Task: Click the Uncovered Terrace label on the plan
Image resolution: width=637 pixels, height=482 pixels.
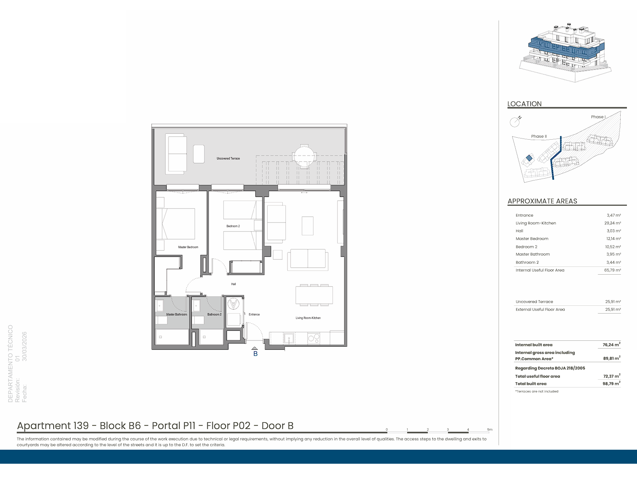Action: coord(228,158)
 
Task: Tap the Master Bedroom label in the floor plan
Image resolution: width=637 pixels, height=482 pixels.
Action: coord(188,247)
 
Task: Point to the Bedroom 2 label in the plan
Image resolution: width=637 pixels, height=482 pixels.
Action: coord(233,226)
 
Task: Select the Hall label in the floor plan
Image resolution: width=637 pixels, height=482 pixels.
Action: coord(233,284)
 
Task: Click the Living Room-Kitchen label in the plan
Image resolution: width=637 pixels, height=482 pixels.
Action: coord(308,318)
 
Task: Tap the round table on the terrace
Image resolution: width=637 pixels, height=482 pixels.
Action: coord(304,156)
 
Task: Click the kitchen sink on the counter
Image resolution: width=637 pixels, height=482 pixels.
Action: coord(289,338)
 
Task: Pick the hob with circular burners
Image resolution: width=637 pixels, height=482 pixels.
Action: coord(313,338)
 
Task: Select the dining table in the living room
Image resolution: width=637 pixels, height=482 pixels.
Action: coord(314,295)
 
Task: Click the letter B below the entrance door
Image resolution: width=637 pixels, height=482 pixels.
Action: coord(255,354)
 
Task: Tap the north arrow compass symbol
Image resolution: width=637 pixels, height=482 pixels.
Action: coord(515,122)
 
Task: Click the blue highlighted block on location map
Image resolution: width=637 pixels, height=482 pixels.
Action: coord(529,158)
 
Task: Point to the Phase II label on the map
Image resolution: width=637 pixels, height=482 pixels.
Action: coord(539,137)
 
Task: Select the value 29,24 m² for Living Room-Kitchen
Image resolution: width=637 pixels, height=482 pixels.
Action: coord(612,223)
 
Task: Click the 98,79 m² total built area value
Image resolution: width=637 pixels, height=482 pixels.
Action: coord(611,383)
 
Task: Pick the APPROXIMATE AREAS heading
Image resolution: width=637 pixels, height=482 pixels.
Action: coord(542,201)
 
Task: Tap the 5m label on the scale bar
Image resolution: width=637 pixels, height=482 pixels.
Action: coord(490,429)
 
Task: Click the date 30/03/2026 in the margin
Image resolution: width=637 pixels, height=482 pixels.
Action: coord(24,347)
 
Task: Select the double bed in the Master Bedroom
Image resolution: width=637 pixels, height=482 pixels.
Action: coord(175,224)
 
